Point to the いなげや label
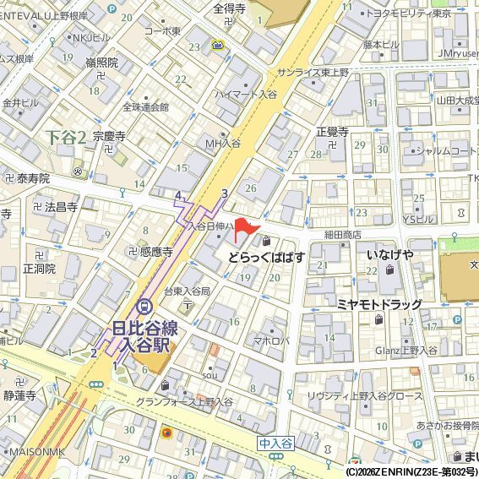coord(389,254)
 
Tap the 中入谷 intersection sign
coord(275,443)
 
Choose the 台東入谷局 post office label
coord(187,291)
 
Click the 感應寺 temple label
coord(156,252)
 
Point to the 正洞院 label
coord(39,269)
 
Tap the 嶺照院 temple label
coord(101,63)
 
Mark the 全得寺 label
coord(228,10)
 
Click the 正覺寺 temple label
coord(332,132)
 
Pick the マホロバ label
coord(272,341)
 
